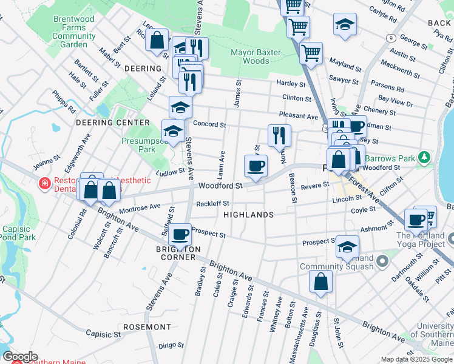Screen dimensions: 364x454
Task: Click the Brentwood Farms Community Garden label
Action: (74, 32)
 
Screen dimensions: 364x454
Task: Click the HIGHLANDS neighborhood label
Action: (249, 215)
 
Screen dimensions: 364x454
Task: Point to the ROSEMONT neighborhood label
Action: (147, 326)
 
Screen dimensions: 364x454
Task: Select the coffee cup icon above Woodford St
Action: (256, 165)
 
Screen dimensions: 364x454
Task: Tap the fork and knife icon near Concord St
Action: (279, 135)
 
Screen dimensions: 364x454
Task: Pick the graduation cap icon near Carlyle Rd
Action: (345, 24)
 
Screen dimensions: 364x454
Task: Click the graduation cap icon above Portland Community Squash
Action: (347, 246)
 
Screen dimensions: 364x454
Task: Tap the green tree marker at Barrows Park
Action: (425, 157)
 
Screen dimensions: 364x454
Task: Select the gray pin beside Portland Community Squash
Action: (382, 262)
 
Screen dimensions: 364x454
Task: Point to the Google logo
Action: (19, 357)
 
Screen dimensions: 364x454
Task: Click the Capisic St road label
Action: (103, 334)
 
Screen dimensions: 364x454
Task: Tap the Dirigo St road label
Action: (171, 345)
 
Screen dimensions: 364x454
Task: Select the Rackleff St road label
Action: (212, 204)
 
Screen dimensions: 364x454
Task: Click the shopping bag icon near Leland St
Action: (157, 41)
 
